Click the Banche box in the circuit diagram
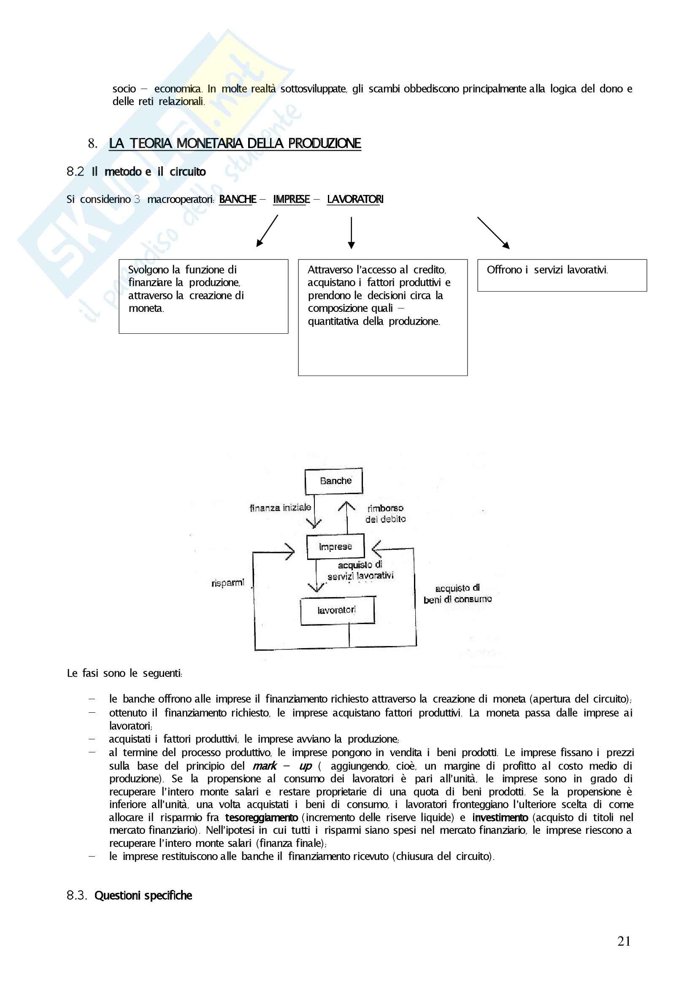tap(334, 481)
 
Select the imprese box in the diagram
tap(335, 546)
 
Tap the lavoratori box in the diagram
tap(337, 610)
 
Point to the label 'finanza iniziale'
tap(280, 508)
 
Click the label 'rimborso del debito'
tap(386, 514)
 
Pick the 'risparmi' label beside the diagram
tap(228, 583)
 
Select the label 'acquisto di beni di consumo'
tap(457, 594)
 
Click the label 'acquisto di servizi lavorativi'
tap(360, 571)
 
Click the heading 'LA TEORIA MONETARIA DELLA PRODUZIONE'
tap(235, 143)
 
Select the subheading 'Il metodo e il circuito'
tap(149, 172)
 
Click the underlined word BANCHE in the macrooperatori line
tap(238, 200)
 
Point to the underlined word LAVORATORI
tap(355, 200)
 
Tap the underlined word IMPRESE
tap(292, 200)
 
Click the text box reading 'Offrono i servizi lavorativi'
tap(561, 275)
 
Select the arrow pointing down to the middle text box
tap(351, 233)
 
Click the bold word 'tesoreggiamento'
tap(261, 818)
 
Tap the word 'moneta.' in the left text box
tap(146, 308)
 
